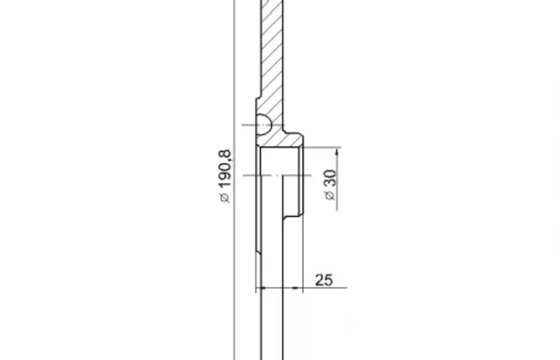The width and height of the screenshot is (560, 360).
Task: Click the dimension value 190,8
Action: click(225, 169)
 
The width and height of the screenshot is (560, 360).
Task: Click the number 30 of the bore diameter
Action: click(329, 178)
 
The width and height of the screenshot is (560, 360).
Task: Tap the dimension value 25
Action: click(324, 280)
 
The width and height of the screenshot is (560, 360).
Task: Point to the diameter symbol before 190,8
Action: click(225, 198)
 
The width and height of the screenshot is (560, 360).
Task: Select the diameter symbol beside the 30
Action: click(329, 196)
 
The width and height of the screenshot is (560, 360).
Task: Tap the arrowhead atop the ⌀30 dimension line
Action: click(337, 153)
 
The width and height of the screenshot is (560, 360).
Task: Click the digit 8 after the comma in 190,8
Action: click(225, 154)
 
